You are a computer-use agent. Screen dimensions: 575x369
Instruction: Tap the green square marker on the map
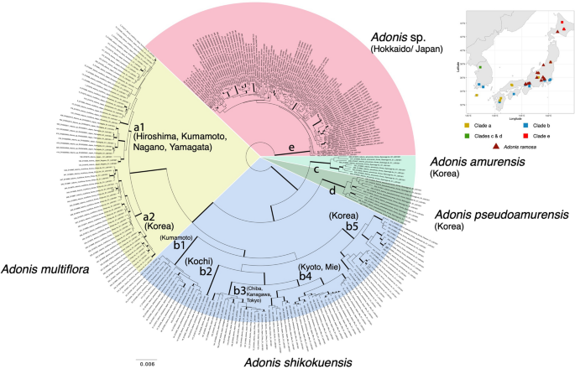(x=479, y=66)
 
